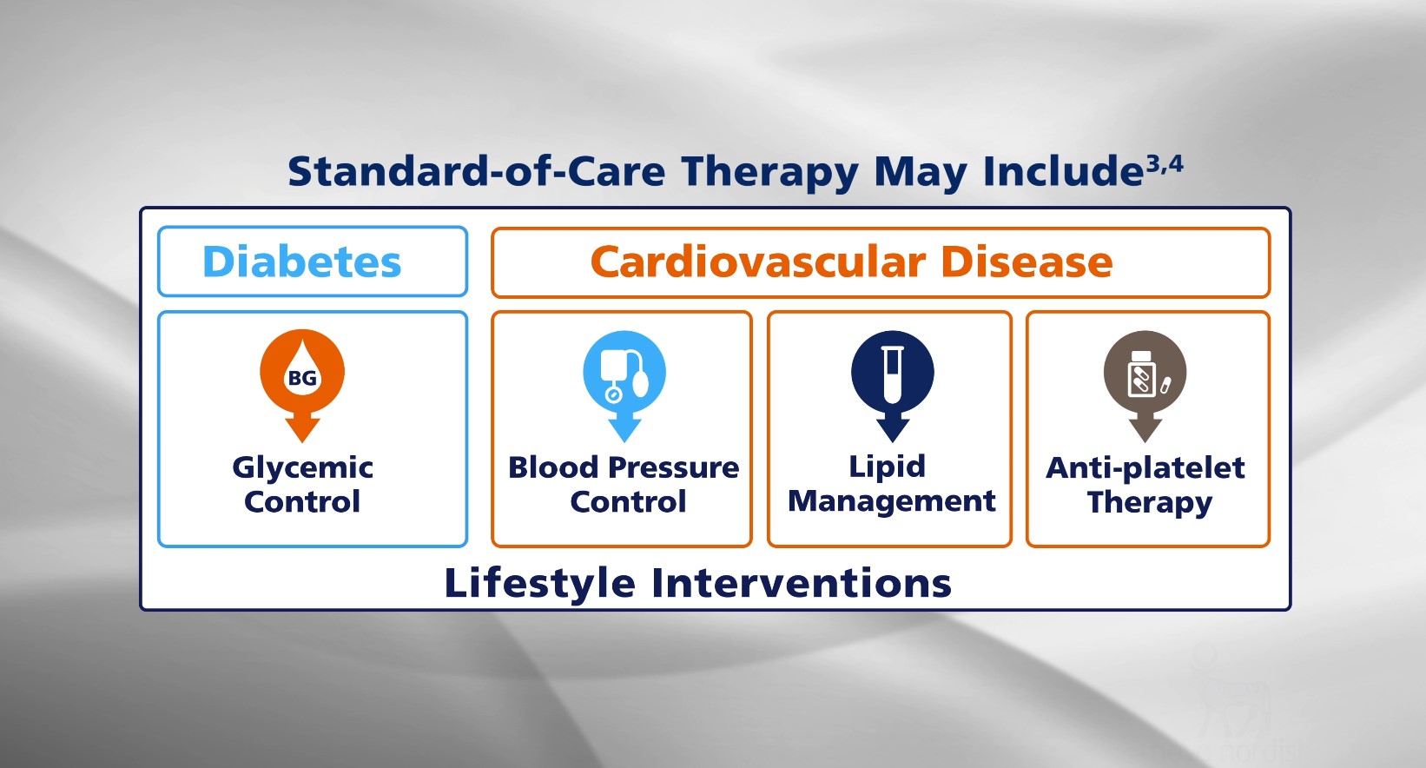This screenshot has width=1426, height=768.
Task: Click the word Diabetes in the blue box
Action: click(301, 262)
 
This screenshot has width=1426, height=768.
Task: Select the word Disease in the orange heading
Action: click(1027, 262)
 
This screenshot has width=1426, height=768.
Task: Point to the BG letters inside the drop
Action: click(302, 378)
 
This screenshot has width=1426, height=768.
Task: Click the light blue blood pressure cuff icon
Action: click(624, 372)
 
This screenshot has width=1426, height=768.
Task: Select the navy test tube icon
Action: click(893, 372)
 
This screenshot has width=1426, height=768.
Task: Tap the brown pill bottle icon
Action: click(1145, 372)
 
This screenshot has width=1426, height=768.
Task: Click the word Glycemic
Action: click(302, 468)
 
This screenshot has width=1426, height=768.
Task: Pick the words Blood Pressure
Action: click(624, 467)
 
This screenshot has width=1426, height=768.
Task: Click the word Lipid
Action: click(887, 467)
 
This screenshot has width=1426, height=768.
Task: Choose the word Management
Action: click(891, 501)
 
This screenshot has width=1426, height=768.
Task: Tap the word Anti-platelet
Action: click(1145, 468)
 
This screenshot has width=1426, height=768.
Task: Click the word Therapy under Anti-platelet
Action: click(1150, 502)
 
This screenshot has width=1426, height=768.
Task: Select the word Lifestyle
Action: click(540, 583)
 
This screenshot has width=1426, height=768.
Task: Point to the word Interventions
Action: click(802, 583)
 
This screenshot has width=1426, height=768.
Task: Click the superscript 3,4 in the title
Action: click(1165, 165)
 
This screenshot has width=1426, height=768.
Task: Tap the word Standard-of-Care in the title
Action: click(477, 171)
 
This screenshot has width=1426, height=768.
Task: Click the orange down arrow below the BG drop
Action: click(302, 427)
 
